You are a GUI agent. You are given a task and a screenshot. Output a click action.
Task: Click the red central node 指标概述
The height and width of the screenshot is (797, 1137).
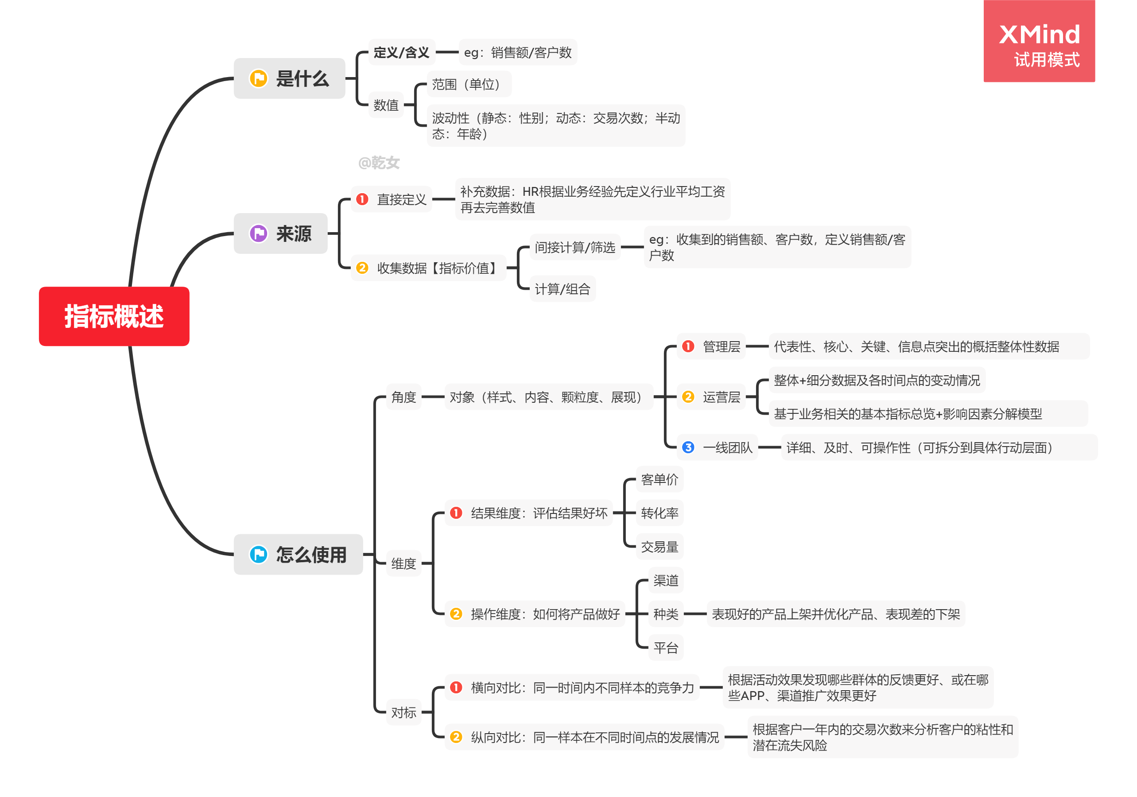[x=114, y=316]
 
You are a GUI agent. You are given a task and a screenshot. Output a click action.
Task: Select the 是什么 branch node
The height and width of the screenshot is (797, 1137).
[x=289, y=78]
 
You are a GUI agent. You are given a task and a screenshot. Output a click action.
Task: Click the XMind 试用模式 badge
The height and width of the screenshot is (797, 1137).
[x=1039, y=42]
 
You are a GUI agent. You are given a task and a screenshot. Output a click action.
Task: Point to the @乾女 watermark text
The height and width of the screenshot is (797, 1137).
[x=379, y=163]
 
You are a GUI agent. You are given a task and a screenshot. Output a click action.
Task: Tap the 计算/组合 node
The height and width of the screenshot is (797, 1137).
[x=562, y=289]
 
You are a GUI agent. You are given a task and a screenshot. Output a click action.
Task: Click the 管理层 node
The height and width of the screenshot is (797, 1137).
[x=721, y=346]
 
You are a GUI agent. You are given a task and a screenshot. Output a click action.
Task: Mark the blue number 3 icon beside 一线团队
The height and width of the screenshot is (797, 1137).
[x=688, y=447]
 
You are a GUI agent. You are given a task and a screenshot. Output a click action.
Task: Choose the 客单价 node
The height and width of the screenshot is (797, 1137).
[x=659, y=479]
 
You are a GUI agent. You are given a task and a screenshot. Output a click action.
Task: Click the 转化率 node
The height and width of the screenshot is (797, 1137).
[x=659, y=513]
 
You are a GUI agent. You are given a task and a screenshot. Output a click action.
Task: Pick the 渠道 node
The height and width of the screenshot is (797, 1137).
[x=665, y=580]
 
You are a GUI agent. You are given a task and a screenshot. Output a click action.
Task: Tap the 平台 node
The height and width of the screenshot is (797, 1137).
[x=665, y=647]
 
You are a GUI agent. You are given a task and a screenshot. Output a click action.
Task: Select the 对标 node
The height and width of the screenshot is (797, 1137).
[x=404, y=712]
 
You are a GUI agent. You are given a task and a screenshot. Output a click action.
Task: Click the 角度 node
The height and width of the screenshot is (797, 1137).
[x=404, y=397]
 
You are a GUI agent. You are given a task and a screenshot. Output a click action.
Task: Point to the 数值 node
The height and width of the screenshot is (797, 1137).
[x=386, y=105]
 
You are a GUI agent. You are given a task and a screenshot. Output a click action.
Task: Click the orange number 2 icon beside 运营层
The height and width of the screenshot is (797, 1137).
[x=688, y=397]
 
